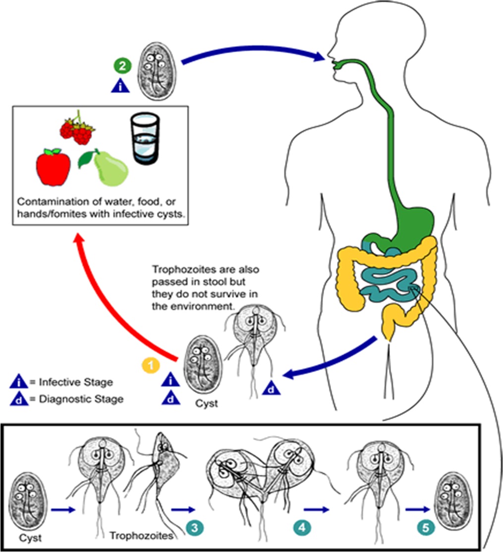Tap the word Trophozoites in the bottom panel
[141, 536]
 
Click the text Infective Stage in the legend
[75, 382]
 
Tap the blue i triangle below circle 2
[119, 86]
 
